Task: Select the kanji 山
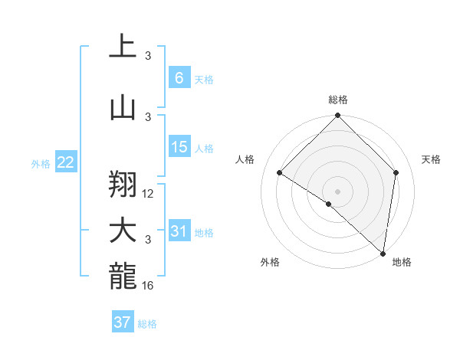point(123,109)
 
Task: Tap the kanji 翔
point(123,184)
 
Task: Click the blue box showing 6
point(179,78)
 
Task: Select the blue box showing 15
point(179,147)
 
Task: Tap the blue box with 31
point(179,231)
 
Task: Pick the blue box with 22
point(65,162)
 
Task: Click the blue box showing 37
point(123,322)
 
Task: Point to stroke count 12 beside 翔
point(149,194)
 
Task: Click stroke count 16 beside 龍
point(149,286)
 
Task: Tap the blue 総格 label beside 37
point(147,324)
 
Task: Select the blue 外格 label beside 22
point(41,163)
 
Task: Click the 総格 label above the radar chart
point(338,100)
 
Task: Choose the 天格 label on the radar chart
point(431,159)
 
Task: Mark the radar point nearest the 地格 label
point(383,254)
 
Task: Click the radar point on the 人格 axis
point(280,173)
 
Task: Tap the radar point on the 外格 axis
point(329,205)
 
